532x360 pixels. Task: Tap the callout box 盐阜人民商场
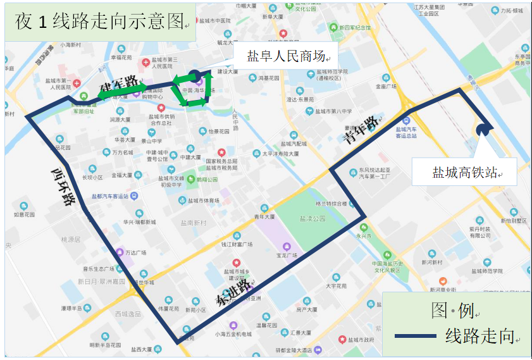(x=284, y=56)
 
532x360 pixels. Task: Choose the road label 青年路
(x=361, y=129)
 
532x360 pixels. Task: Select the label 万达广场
(x=135, y=252)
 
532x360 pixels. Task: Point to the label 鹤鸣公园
(x=207, y=180)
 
